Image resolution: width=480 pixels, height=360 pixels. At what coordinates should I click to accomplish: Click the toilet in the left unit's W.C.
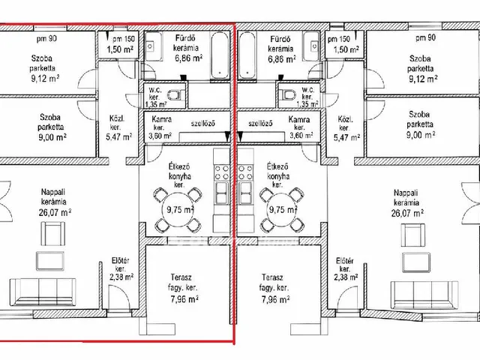tap(177, 95)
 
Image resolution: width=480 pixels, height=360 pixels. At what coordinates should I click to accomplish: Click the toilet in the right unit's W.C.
tap(286, 94)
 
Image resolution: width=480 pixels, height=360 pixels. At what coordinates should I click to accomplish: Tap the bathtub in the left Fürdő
tap(220, 55)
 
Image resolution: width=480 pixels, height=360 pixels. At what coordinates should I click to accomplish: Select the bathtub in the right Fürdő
tap(247, 55)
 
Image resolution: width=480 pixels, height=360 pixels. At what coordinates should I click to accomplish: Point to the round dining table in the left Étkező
tap(178, 210)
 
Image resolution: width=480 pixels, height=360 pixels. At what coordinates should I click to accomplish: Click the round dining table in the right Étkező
tap(282, 210)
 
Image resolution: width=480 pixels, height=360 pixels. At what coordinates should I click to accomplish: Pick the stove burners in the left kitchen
tap(221, 172)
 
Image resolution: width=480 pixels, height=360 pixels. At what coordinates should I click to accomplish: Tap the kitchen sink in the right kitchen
tap(245, 193)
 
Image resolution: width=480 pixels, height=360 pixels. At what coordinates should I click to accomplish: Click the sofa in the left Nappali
tap(43, 292)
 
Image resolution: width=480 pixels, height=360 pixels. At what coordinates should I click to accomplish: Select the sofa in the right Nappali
tap(424, 295)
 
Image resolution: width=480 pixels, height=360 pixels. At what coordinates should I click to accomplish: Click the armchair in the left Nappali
tap(52, 234)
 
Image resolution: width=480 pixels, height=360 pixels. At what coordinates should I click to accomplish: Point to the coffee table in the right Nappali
tap(415, 262)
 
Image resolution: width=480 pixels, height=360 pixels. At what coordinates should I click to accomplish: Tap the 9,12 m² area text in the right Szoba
tap(423, 79)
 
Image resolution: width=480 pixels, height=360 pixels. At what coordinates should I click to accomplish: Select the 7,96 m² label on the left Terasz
tap(184, 298)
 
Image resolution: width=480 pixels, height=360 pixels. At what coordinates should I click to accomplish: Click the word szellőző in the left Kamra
tap(203, 123)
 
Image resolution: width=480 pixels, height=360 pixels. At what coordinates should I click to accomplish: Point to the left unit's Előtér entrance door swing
tap(118, 296)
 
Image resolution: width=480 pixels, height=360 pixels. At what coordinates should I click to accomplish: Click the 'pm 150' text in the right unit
tap(338, 39)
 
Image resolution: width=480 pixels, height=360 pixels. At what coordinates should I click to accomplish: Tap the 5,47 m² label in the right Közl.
tap(346, 137)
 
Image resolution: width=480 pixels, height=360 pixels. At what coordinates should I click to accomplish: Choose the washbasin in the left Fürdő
tap(151, 46)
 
